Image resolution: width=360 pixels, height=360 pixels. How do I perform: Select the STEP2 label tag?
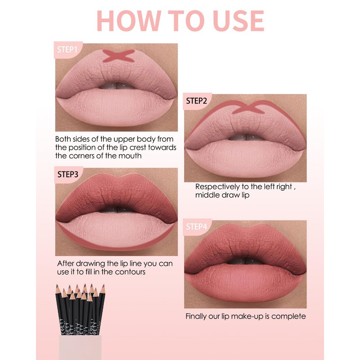(x=197, y=101)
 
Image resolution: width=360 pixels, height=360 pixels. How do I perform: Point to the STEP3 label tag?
(x=68, y=175)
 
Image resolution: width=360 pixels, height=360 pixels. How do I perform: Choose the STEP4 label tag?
(x=197, y=227)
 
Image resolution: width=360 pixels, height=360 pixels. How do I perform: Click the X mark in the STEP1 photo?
(x=118, y=56)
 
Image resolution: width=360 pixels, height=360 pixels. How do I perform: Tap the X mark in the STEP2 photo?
(x=248, y=108)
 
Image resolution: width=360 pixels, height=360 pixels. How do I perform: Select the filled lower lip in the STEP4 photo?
(x=245, y=283)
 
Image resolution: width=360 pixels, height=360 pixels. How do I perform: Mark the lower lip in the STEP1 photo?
(x=116, y=107)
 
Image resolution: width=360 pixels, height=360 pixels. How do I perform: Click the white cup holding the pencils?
(x=80, y=347)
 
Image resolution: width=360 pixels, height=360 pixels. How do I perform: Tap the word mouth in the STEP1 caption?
(x=130, y=156)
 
